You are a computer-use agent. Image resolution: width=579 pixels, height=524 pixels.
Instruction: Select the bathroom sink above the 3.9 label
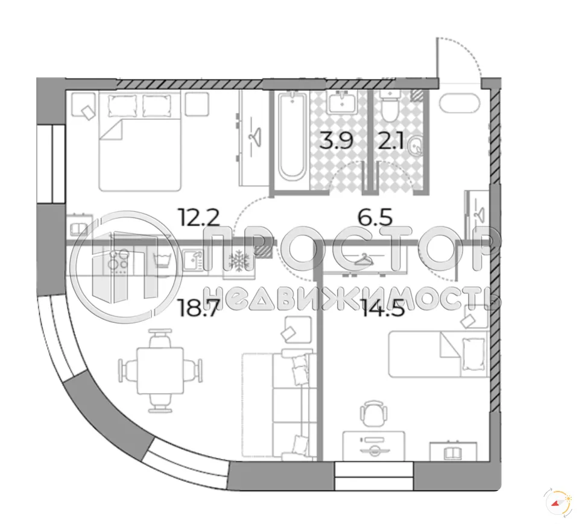pyautogui.click(x=343, y=102)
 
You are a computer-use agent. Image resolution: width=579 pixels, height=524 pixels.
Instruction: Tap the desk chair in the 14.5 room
pyautogui.click(x=372, y=414)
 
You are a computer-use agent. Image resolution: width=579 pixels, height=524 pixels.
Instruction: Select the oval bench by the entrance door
pyautogui.click(x=458, y=103)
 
